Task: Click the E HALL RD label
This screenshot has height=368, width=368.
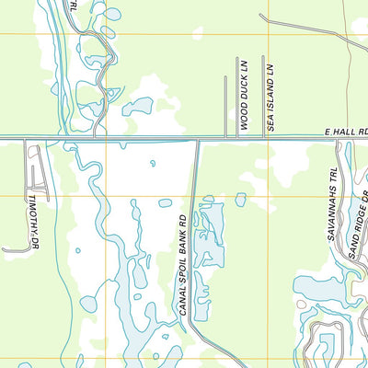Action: click(345, 132)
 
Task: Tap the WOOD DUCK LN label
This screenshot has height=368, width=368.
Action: click(245, 96)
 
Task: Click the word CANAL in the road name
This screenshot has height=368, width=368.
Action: click(183, 300)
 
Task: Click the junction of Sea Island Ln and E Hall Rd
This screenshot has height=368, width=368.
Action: click(264, 138)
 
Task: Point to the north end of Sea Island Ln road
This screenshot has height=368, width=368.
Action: click(264, 57)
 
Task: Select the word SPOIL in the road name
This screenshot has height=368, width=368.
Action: click(183, 270)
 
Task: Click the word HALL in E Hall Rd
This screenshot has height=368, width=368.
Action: click(343, 132)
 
